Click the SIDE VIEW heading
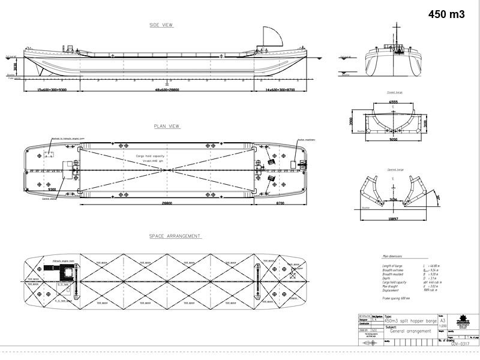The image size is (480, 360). tap(162, 25)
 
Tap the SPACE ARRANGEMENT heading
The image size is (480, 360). tap(175, 236)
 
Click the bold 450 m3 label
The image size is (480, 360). tap(446, 14)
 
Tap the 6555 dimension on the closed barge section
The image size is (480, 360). tap(393, 102)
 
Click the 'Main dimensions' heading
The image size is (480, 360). tap(394, 256)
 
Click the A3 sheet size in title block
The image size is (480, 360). tap(442, 322)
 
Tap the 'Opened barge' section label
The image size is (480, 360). tap(394, 169)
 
